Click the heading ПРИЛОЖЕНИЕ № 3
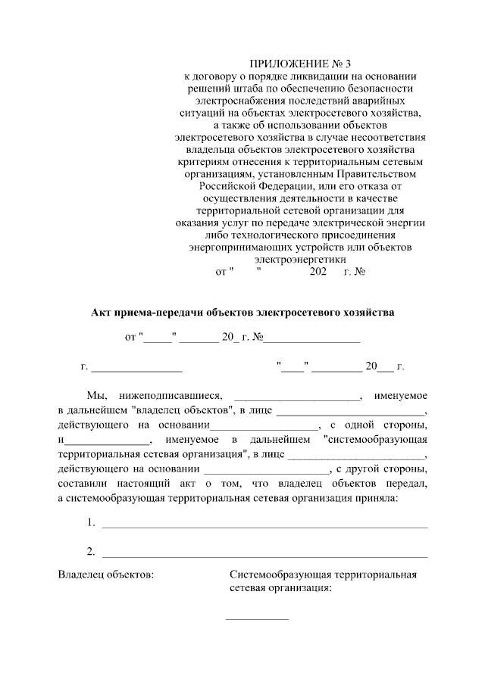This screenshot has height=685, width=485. pyautogui.click(x=301, y=64)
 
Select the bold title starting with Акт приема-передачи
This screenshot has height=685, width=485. pyautogui.click(x=242, y=311)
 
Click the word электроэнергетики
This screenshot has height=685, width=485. pyautogui.click(x=301, y=258)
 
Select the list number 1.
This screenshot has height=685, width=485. pyautogui.click(x=90, y=522)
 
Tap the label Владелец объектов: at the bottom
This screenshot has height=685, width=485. pyautogui.click(x=105, y=574)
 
